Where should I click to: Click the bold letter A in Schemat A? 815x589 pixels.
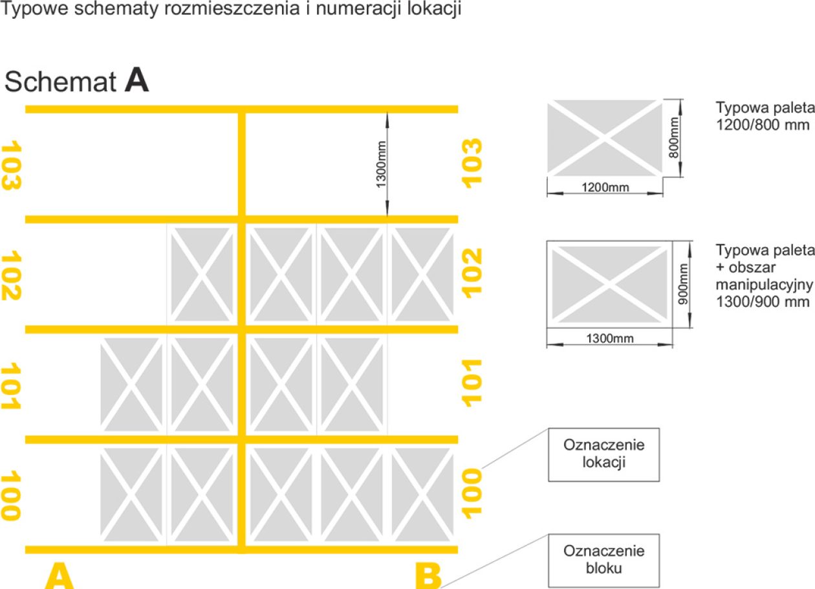[137, 80]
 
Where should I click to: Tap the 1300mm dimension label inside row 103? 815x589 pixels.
[380, 164]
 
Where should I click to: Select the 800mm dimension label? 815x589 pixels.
[674, 138]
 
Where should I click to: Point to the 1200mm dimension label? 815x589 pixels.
[605, 188]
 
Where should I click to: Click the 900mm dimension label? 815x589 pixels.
[683, 284]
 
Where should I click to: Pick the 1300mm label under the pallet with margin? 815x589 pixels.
[610, 339]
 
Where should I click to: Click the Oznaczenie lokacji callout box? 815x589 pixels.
[604, 454]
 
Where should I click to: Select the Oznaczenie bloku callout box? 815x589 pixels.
[604, 561]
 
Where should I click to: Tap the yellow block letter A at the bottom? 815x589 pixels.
[59, 576]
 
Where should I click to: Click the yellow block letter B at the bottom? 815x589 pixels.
[428, 576]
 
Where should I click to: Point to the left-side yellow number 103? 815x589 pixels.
[11, 165]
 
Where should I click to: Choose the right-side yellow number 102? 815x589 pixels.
[472, 273]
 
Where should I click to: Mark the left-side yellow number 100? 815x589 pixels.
[11, 495]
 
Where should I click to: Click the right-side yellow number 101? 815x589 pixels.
[472, 383]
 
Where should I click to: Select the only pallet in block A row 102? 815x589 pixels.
[202, 274]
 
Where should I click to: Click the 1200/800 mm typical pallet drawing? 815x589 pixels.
[605, 138]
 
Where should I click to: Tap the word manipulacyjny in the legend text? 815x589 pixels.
[764, 285]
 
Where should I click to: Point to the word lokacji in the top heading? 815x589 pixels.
[434, 8]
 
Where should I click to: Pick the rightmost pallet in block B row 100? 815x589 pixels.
[422, 495]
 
